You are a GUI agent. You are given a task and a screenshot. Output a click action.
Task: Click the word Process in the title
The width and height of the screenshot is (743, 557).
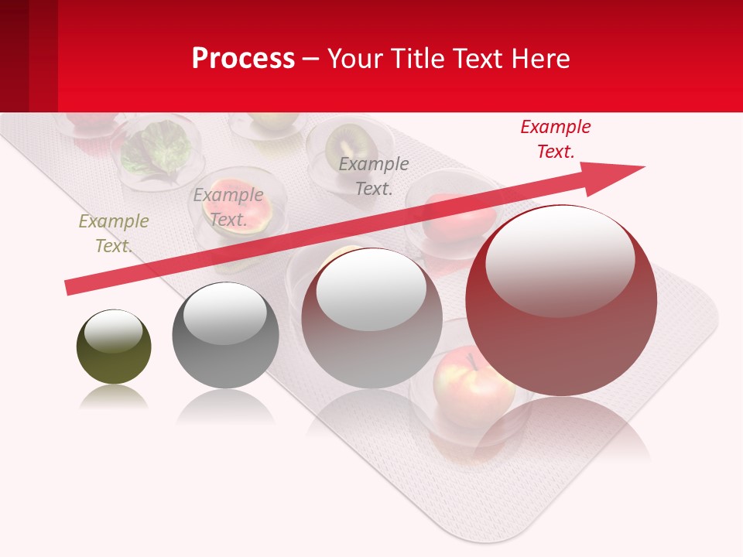click(x=243, y=58)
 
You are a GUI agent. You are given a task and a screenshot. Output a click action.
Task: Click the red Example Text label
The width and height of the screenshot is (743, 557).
click(x=555, y=139)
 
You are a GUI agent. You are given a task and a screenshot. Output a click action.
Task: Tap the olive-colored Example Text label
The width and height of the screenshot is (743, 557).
click(x=113, y=234)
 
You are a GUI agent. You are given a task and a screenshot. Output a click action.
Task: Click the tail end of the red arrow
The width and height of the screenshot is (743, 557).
click(x=71, y=288)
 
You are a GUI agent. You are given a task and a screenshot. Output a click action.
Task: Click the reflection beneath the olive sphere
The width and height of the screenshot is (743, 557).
click(x=114, y=398)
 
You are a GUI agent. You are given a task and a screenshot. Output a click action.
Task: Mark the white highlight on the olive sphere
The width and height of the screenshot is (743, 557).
click(x=113, y=331)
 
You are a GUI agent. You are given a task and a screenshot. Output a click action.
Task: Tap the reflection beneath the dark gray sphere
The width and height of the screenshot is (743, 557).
click(x=225, y=406)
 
